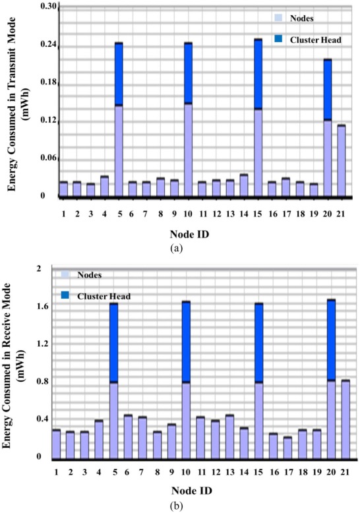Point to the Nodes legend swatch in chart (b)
point(65,274)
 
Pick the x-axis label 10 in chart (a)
point(188,214)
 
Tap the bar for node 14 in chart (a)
point(243,185)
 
